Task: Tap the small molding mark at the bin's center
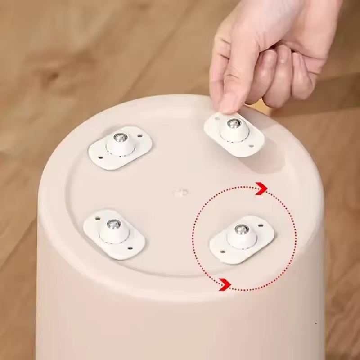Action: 180,193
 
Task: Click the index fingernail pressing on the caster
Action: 229,104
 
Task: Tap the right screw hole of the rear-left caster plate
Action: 140,135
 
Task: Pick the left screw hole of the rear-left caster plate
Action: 99,157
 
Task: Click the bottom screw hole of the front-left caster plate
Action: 129,247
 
